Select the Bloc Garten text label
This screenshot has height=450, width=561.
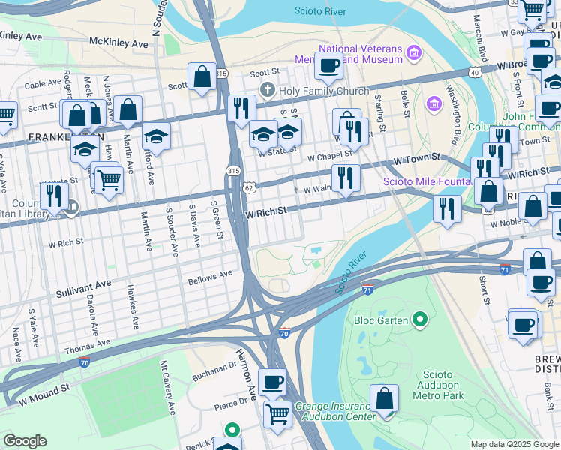pos(381,320)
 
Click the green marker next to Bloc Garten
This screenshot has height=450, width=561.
pos(420,320)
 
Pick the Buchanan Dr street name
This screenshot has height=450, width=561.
pos(214,368)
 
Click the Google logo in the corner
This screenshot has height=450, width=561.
pos(25,441)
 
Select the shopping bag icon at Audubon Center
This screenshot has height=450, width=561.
pos(385,400)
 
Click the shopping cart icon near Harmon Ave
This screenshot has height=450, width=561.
pos(278,414)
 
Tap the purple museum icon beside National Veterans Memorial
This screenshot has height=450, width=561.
pos(414,52)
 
